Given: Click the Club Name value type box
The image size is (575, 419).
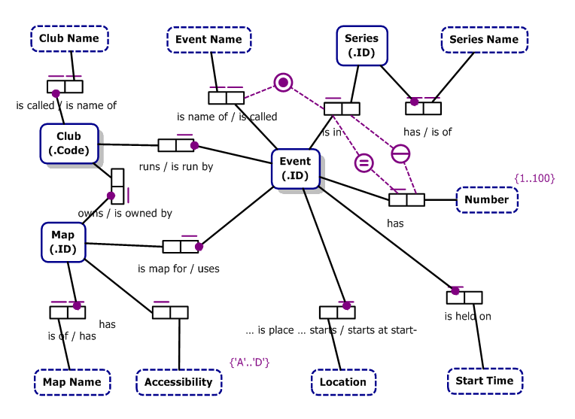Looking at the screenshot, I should (69, 38).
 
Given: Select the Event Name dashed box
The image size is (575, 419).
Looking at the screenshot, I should (208, 39).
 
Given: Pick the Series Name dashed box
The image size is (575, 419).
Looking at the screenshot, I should (484, 39).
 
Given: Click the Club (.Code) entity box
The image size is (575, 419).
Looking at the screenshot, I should (69, 143).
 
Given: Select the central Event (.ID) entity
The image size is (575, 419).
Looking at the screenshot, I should (295, 169).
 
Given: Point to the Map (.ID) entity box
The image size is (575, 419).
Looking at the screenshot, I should (63, 241).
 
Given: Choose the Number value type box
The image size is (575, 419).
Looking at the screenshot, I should (486, 200).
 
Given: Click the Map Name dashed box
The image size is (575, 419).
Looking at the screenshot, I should (72, 382).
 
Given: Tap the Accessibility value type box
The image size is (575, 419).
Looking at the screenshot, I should (178, 382).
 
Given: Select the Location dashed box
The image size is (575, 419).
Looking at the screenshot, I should (343, 382).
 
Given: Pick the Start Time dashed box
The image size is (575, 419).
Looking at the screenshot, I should (485, 381).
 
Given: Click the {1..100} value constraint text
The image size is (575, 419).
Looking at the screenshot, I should (534, 178).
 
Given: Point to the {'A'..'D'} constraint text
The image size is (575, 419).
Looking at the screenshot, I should (250, 363).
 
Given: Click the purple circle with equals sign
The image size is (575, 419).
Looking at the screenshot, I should (364, 162).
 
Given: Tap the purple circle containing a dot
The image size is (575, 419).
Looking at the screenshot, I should (283, 82).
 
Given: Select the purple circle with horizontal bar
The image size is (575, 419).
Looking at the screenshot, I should (400, 153).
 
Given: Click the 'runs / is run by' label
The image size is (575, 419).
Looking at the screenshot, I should (176, 166).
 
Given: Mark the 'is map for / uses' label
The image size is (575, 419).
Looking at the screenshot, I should (178, 269).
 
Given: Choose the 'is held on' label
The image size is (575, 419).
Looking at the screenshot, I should (467, 316).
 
